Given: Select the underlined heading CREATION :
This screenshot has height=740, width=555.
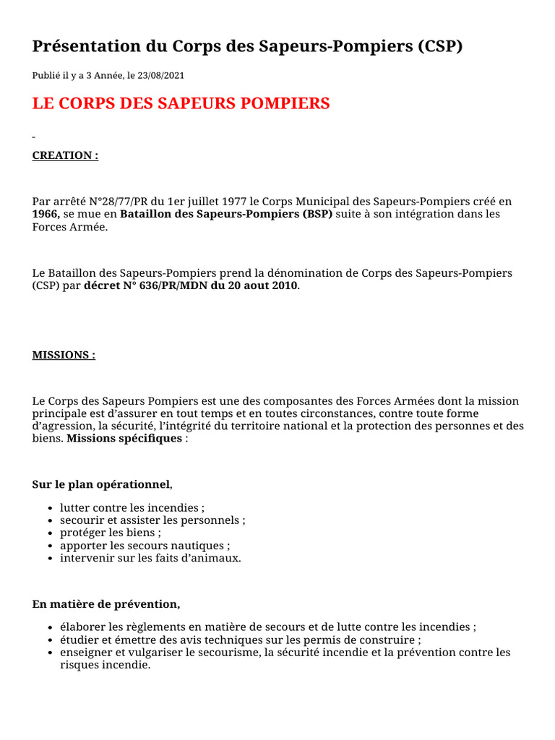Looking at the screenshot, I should [x=65, y=155].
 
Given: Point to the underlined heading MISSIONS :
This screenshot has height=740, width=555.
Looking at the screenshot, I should [x=64, y=355].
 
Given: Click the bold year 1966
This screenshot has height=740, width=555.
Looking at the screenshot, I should [x=46, y=215].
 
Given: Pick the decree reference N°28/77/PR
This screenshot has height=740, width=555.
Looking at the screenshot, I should [x=111, y=202].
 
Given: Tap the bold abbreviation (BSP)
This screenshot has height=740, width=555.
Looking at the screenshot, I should [x=317, y=215].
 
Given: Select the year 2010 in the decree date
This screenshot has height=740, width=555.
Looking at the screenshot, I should [x=283, y=286].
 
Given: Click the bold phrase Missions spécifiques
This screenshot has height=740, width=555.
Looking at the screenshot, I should [x=124, y=439].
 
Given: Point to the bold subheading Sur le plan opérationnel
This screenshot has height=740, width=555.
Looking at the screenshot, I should [x=100, y=483].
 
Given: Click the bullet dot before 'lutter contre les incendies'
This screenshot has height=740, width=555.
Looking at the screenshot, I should [x=48, y=509].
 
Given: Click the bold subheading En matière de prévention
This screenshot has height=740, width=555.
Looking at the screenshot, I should [x=106, y=603].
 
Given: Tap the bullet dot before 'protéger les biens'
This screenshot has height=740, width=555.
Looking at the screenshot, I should [x=48, y=533].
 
